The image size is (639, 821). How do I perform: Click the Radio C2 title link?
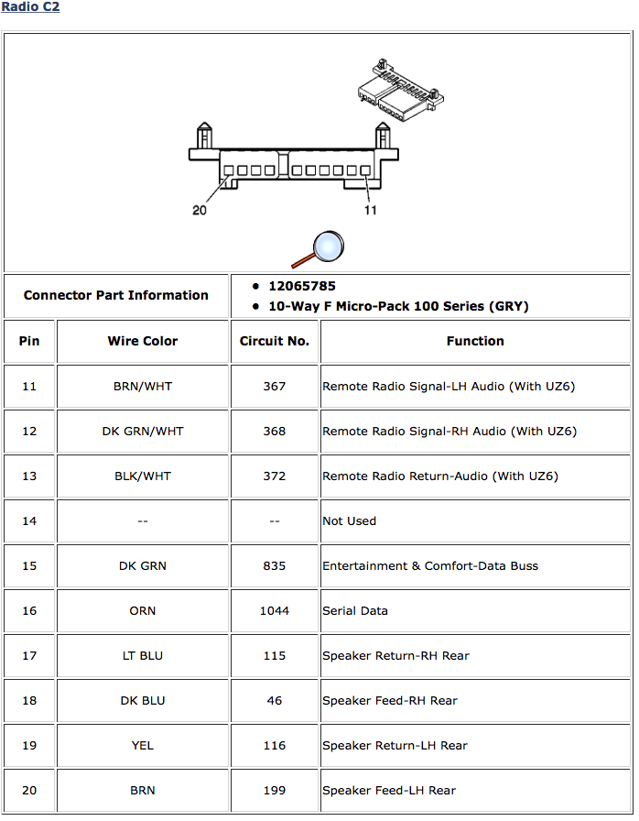click(30, 7)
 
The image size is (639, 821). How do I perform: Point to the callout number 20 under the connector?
click(200, 210)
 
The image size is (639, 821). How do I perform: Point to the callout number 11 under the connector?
click(371, 210)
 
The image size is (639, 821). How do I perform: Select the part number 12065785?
click(301, 286)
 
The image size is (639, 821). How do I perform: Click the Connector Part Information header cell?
click(116, 295)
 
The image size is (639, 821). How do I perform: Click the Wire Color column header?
click(143, 341)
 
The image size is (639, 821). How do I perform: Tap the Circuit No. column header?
click(275, 341)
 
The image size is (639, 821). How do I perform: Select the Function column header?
click(475, 341)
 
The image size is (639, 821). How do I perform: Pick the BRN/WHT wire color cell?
click(143, 386)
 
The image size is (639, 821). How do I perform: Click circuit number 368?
click(275, 431)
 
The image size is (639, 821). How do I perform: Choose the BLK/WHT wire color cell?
click(143, 476)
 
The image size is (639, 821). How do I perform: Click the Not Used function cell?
click(350, 520)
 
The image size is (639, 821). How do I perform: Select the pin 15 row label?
click(29, 565)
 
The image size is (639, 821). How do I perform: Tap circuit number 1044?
click(275, 610)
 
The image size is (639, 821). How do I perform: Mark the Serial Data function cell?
click(355, 610)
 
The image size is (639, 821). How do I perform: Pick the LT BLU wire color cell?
click(143, 655)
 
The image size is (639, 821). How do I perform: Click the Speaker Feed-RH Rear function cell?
click(390, 700)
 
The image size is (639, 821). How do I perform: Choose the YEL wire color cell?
click(143, 745)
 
